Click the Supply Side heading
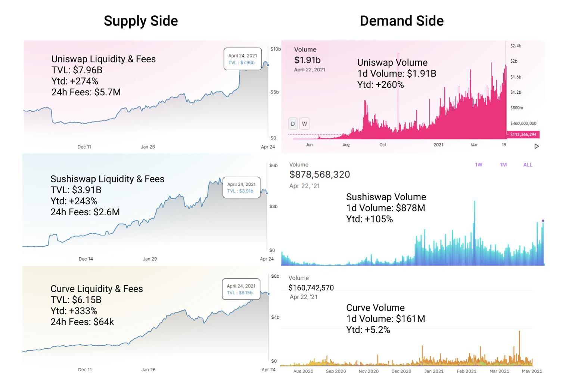[141, 21]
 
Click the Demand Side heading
[401, 21]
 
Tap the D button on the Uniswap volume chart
[293, 124]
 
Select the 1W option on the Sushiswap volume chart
[478, 165]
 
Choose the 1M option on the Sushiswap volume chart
[503, 165]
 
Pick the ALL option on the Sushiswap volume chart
[528, 165]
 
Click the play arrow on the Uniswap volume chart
[537, 146]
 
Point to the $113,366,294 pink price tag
[523, 135]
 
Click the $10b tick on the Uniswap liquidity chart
[276, 49]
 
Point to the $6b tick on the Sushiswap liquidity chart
[273, 166]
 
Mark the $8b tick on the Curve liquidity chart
[275, 277]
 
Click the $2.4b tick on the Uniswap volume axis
[516, 46]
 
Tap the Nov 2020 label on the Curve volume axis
[368, 371]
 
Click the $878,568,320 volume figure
[319, 175]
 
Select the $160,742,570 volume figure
[311, 288]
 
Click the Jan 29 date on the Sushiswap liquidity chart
[150, 259]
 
